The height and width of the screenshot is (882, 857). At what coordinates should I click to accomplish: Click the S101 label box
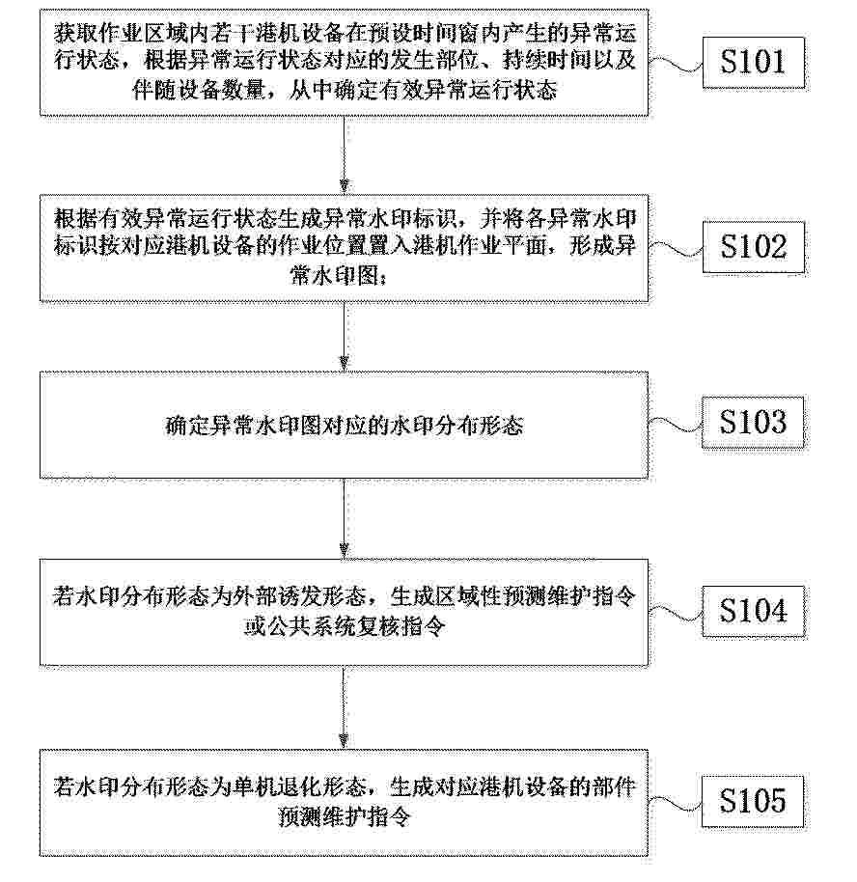(x=753, y=63)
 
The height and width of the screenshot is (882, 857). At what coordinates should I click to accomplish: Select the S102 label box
(x=753, y=247)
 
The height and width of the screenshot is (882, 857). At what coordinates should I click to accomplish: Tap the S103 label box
(x=753, y=422)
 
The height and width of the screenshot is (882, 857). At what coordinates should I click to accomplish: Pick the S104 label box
(x=753, y=612)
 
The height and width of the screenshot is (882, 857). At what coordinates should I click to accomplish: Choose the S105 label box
(x=753, y=801)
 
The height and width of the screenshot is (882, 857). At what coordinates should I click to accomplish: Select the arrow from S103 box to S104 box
(x=345, y=518)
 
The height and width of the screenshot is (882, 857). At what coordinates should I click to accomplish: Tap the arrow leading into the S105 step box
(x=345, y=707)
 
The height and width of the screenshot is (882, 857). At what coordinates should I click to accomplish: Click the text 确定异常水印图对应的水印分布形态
(x=345, y=426)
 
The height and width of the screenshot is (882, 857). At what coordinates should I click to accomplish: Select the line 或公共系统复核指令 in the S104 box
(x=345, y=625)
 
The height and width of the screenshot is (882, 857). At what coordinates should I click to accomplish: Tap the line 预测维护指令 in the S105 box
(x=345, y=816)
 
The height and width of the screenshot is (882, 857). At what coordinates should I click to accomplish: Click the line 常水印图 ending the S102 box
(x=337, y=276)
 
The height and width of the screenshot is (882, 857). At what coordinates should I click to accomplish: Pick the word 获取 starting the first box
(x=76, y=34)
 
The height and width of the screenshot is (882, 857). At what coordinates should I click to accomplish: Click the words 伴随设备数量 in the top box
(x=199, y=90)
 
